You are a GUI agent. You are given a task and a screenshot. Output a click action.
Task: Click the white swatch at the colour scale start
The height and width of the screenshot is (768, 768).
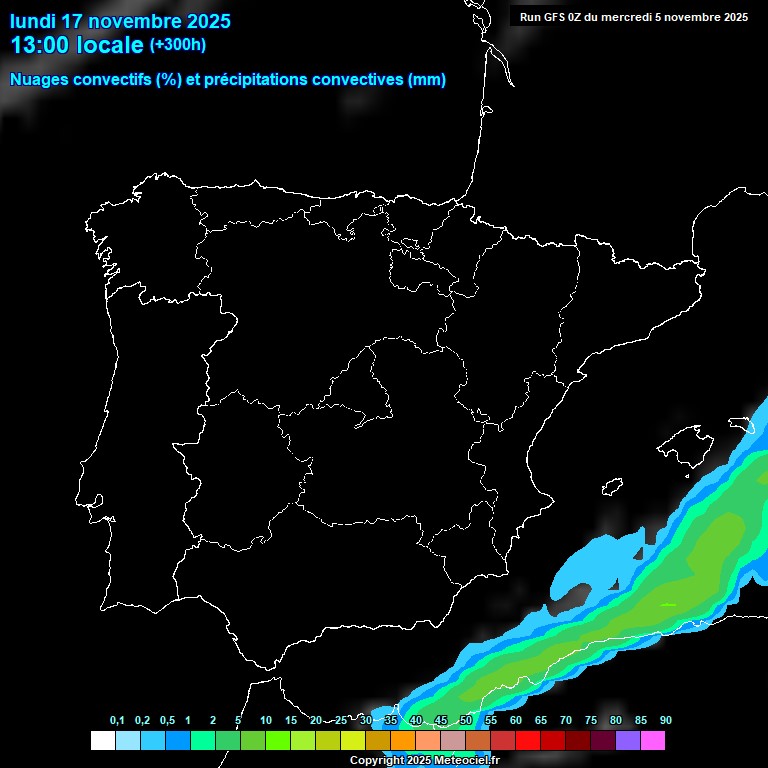point(102,740)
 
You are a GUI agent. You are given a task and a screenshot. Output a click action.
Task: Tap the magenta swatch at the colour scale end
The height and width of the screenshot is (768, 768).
point(653,740)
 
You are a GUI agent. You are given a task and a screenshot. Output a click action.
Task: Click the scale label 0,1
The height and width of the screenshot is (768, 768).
point(117,721)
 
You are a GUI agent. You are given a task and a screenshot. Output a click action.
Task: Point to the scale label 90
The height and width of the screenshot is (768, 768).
point(666,721)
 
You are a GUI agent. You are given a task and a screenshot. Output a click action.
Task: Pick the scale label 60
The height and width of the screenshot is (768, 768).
point(516,721)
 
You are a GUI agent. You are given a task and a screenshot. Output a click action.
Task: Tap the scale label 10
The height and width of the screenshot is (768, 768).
point(266,721)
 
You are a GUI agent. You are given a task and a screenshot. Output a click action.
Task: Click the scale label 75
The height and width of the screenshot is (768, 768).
point(591,721)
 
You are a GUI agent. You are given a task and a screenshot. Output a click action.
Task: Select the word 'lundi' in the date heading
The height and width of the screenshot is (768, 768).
point(33,21)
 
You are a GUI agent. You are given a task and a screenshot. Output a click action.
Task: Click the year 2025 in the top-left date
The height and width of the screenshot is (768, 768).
point(202,21)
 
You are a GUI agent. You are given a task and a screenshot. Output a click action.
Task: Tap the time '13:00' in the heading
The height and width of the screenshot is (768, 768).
point(39,45)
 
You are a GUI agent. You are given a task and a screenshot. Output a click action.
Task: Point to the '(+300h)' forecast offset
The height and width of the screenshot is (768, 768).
point(177,45)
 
